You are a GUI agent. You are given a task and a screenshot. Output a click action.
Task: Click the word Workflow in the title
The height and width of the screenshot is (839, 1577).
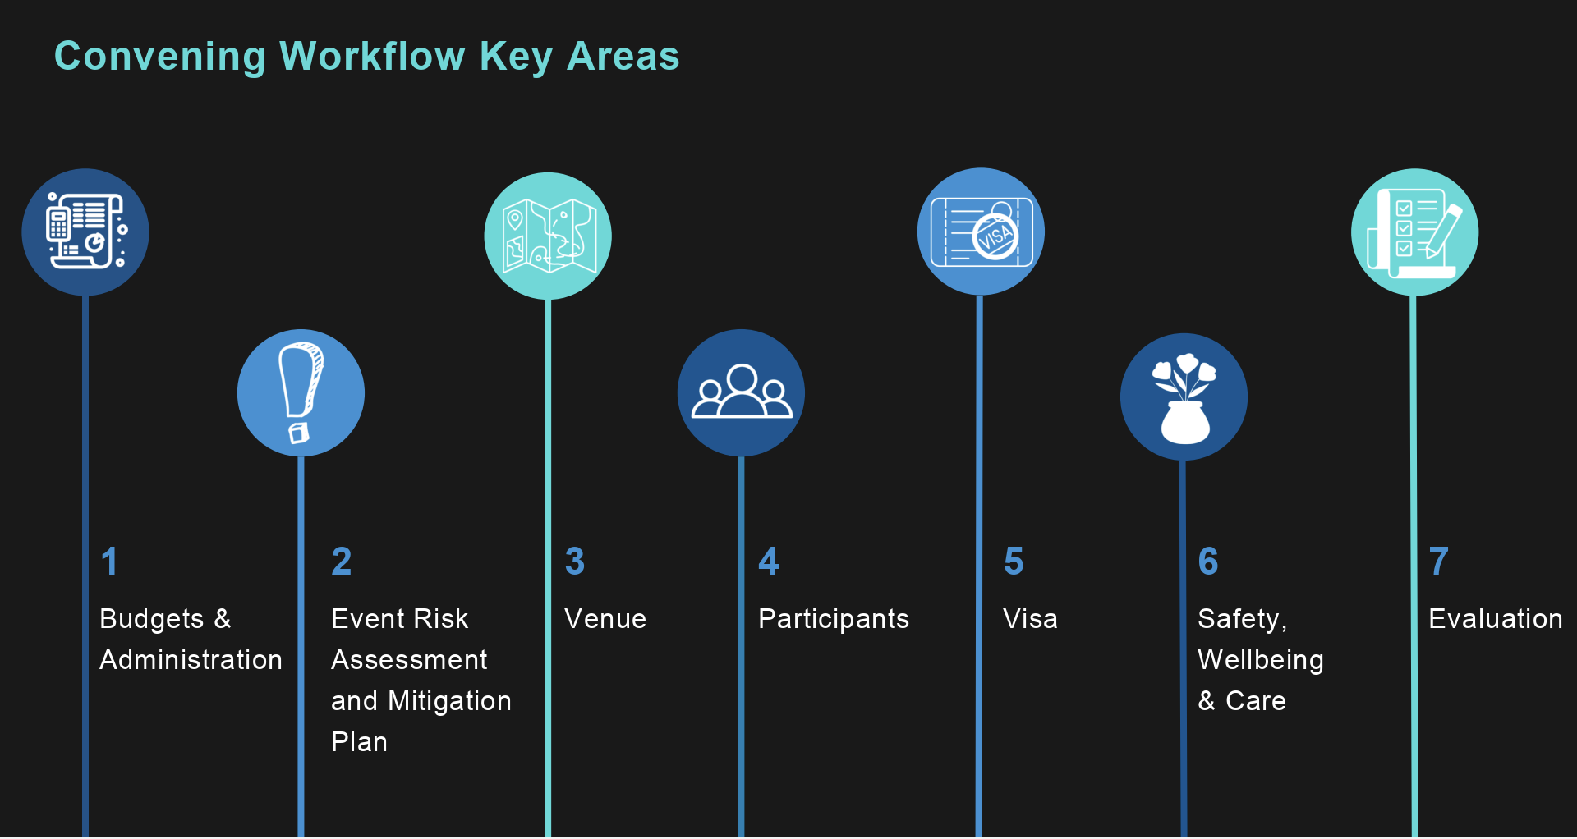[372, 57]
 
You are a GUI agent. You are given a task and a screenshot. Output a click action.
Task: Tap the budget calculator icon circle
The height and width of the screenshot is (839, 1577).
[85, 232]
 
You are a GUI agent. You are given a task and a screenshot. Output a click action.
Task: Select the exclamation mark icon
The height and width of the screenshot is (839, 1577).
[301, 393]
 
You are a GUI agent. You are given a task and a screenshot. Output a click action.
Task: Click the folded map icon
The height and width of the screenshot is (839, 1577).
[548, 236]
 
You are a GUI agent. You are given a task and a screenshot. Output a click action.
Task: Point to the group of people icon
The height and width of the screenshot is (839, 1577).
[741, 393]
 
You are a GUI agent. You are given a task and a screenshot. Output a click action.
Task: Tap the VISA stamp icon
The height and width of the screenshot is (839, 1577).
[981, 232]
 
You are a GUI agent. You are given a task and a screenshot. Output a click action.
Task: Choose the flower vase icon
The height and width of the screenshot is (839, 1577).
[1184, 397]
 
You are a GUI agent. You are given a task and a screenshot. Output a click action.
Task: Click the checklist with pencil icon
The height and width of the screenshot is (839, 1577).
[1414, 232]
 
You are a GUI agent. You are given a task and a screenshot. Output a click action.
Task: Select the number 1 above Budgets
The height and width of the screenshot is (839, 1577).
[109, 562]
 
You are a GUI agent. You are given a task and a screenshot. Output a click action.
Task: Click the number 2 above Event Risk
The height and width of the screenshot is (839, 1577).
[342, 562]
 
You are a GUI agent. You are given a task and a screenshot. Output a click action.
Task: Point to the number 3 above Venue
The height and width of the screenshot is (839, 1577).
[575, 562]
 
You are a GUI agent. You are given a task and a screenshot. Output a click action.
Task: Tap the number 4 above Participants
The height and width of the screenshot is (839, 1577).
[769, 562]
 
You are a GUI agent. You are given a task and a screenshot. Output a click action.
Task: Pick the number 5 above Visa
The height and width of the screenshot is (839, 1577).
[1014, 562]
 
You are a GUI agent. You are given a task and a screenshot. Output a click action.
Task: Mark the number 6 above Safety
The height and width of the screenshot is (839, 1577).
[1208, 562]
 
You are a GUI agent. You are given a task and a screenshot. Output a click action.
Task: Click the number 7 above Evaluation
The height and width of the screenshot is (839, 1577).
[1439, 562]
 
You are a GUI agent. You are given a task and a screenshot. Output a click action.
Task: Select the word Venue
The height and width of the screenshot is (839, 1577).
[605, 619]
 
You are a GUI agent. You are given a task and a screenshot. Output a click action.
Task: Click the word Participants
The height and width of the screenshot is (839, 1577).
[834, 620]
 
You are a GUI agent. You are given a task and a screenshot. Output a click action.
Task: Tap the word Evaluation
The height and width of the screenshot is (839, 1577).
[1496, 619]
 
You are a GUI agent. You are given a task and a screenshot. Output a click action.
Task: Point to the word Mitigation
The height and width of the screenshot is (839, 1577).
[450, 702]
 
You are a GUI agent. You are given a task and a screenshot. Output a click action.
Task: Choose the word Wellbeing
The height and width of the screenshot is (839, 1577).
[1261, 661]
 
